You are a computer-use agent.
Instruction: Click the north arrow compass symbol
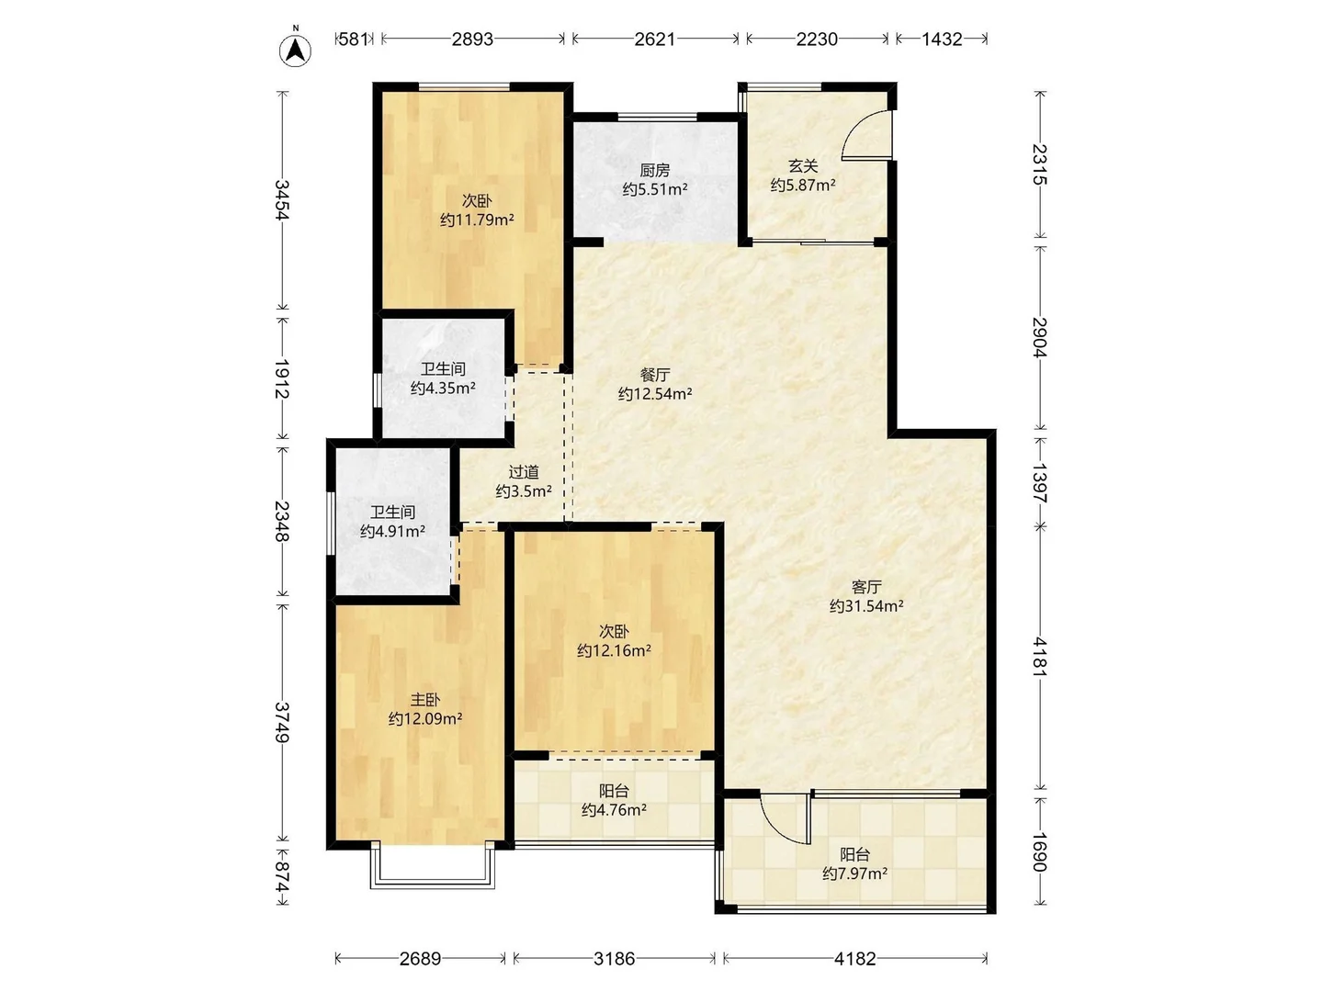(295, 50)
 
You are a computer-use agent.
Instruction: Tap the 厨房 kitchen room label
(654, 170)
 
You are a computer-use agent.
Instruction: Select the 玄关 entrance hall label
(802, 165)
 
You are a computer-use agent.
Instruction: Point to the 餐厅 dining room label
(654, 375)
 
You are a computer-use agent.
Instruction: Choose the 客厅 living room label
(865, 586)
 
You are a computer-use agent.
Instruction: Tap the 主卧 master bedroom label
(424, 699)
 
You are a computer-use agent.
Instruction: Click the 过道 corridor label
(524, 471)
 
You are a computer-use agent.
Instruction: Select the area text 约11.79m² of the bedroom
(476, 220)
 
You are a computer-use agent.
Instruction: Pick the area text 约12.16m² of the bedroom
(614, 651)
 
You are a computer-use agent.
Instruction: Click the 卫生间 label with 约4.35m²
(443, 368)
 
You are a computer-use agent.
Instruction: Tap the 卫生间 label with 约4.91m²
(392, 512)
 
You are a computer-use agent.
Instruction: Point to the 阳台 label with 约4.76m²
(614, 790)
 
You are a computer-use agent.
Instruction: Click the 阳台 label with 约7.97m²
(854, 854)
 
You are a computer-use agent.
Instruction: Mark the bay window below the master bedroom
(433, 869)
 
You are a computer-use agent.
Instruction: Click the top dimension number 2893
(472, 39)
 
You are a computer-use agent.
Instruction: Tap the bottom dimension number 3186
(614, 959)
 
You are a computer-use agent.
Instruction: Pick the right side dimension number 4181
(1039, 656)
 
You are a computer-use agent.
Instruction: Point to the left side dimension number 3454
(282, 199)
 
